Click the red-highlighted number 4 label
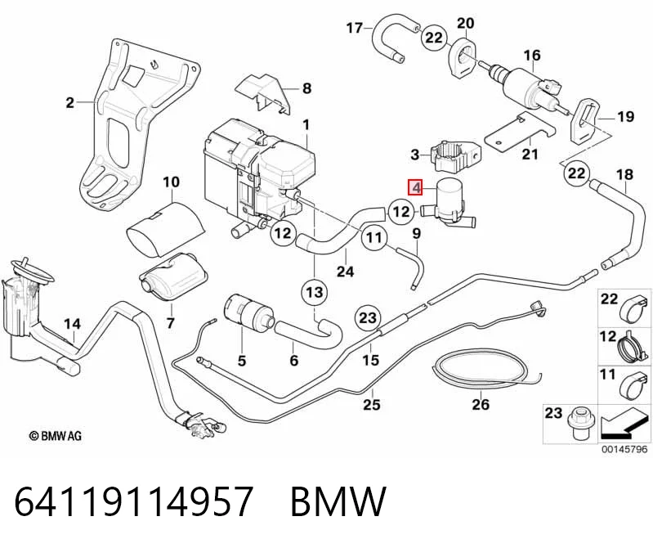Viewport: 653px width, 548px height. pos(416,187)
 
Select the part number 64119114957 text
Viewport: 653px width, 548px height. pos(134,501)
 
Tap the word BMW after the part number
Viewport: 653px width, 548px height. pos(338,501)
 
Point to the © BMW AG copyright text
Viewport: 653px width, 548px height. pos(56,436)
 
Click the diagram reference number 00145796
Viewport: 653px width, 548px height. pos(624,449)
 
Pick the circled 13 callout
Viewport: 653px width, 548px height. pos(315,292)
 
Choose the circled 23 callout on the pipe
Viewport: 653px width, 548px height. pos(368,318)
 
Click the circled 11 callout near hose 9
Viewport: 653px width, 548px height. pos(374,237)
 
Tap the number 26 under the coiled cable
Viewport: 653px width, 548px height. pos(481,404)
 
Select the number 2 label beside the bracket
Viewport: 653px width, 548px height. pos(70,102)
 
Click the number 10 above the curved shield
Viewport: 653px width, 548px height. pos(171,182)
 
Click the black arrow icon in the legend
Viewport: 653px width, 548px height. pos(624,426)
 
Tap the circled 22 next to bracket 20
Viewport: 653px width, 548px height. pos(434,38)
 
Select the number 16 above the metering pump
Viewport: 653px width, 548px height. pos(532,55)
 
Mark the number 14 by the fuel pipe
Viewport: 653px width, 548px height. pos(72,324)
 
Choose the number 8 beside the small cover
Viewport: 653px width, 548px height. pos(306,88)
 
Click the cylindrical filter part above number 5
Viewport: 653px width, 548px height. pos(248,313)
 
